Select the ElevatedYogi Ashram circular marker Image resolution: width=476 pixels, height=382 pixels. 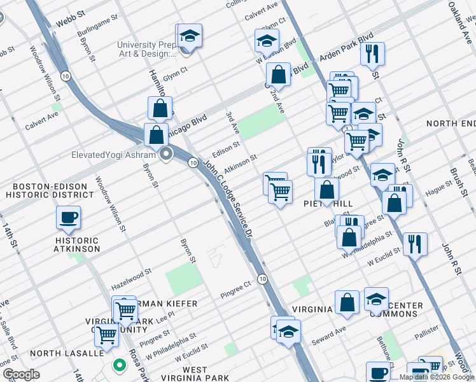point(167,154)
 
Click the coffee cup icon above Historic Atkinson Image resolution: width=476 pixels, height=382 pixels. point(68,218)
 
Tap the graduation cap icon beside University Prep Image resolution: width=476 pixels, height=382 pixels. point(189,37)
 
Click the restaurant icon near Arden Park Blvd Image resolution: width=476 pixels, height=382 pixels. point(372,54)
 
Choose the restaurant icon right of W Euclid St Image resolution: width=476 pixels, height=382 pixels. point(415,244)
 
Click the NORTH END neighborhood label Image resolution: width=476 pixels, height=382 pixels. point(451,123)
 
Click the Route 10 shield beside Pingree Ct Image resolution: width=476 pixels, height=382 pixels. point(262,279)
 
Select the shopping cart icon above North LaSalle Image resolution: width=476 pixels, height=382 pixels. point(107,334)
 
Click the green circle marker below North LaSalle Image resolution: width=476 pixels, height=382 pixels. point(118,365)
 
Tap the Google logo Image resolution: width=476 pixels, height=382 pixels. point(21,374)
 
